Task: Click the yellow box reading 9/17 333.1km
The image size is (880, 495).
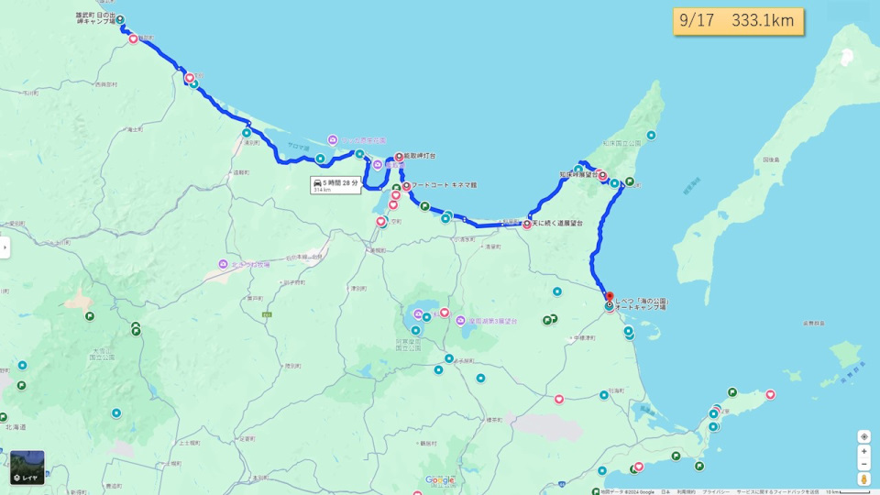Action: point(738,21)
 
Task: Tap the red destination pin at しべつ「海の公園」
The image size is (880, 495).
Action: point(610,297)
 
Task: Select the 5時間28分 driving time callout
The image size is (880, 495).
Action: point(335,185)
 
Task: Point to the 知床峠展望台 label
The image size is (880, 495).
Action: point(577,174)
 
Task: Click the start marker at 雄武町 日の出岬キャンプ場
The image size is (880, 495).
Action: point(120,20)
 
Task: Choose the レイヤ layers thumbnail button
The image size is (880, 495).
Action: point(27,467)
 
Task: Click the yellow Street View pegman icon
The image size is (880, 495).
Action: point(863,478)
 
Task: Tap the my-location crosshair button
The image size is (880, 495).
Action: point(863,436)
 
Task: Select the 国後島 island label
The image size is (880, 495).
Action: point(770,159)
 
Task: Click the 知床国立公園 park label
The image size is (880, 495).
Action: point(621,143)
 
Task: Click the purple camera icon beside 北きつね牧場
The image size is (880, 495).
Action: point(223,264)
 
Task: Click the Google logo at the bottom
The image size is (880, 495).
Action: point(439,480)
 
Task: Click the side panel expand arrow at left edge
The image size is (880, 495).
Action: point(5,247)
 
